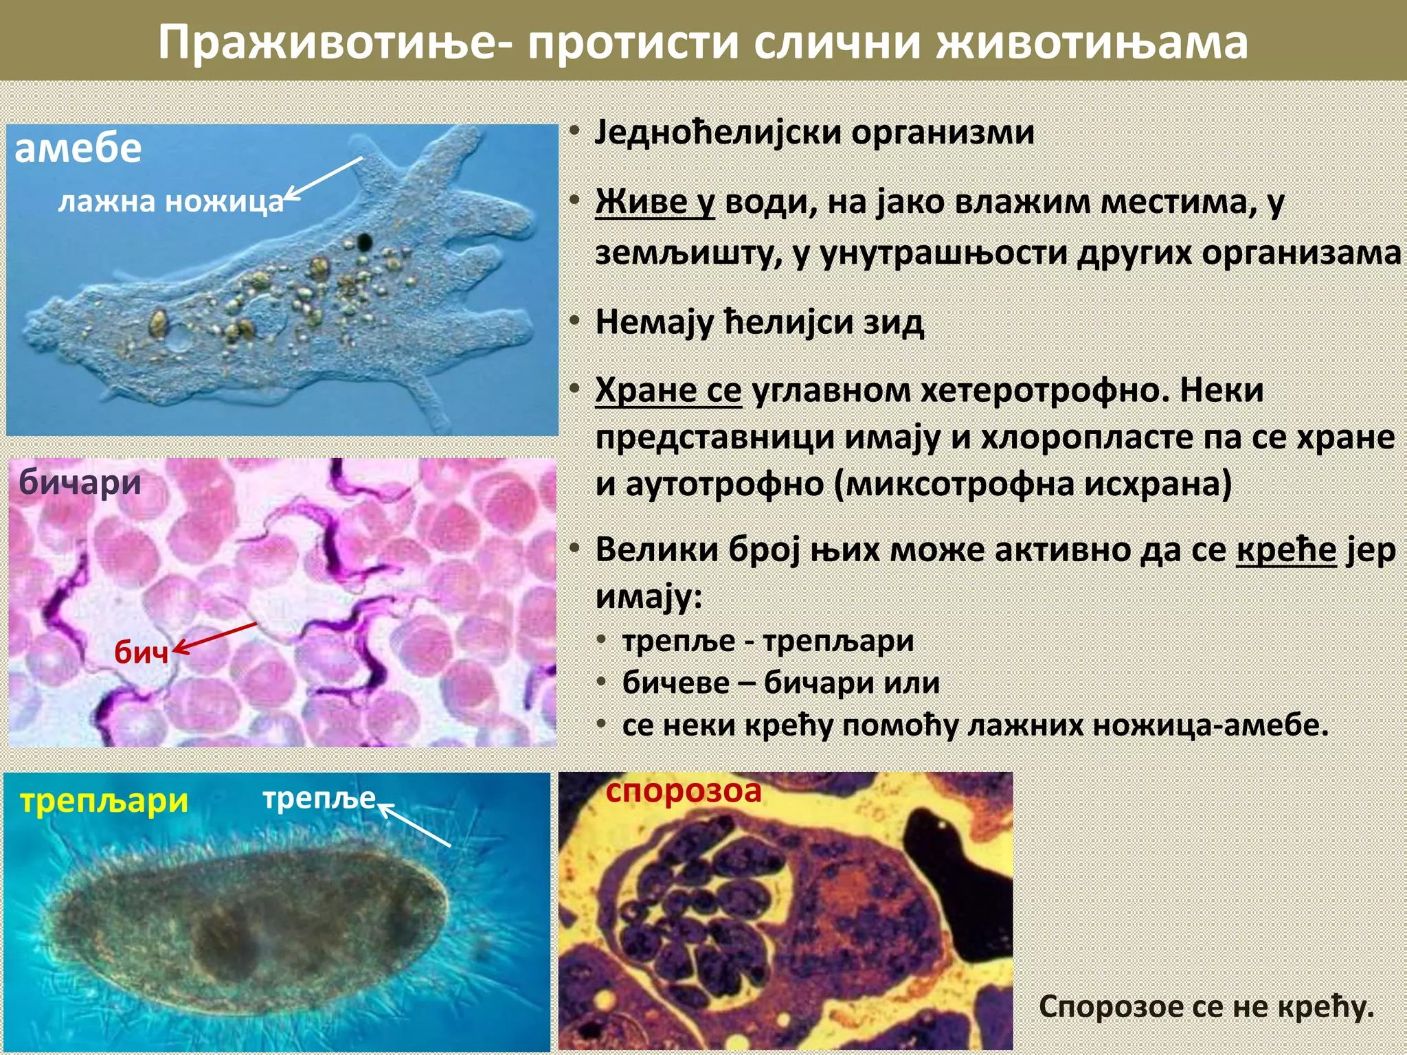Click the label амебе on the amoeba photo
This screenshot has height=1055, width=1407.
click(x=78, y=149)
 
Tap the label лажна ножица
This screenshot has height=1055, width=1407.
click(x=170, y=202)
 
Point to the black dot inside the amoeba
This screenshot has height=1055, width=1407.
click(x=364, y=242)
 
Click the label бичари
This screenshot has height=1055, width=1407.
click(x=80, y=482)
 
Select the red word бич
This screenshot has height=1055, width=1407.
click(x=141, y=652)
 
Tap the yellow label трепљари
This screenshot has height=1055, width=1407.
click(x=104, y=801)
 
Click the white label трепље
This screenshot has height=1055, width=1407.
click(x=319, y=798)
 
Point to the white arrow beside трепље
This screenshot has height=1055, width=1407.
click(x=415, y=825)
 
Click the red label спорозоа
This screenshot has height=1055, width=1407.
click(x=684, y=791)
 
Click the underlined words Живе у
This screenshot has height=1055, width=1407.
click(x=655, y=202)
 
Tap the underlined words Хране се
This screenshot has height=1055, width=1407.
click(x=668, y=391)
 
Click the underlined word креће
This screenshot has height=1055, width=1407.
click(x=1286, y=550)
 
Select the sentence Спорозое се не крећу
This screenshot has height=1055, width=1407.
click(x=1206, y=1007)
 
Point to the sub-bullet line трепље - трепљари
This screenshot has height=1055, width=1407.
click(x=767, y=642)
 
